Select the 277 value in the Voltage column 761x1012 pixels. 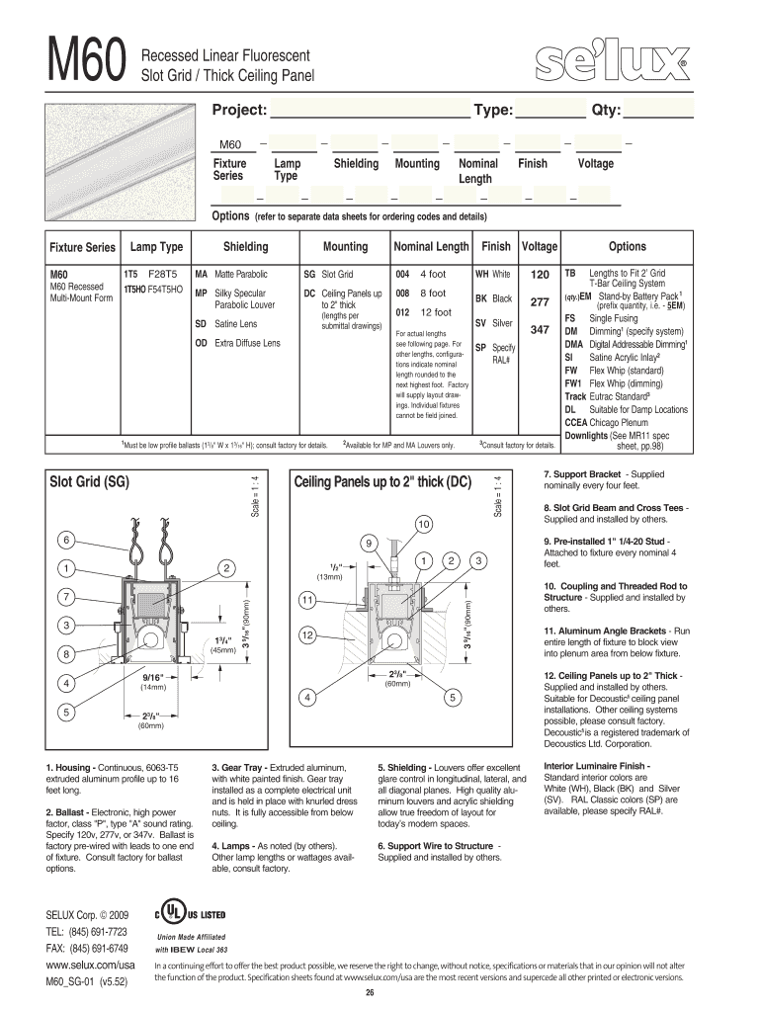540,301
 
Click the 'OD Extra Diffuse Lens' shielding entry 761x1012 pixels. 237,343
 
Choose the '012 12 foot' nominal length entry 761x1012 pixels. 419,311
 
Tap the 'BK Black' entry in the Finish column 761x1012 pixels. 493,297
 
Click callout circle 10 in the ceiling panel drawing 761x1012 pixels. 424,522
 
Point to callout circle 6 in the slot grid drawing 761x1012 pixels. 66,541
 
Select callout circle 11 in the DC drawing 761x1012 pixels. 307,600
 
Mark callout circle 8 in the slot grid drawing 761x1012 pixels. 66,653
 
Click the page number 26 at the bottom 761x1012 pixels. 370,992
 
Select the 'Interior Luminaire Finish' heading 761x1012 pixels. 597,766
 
